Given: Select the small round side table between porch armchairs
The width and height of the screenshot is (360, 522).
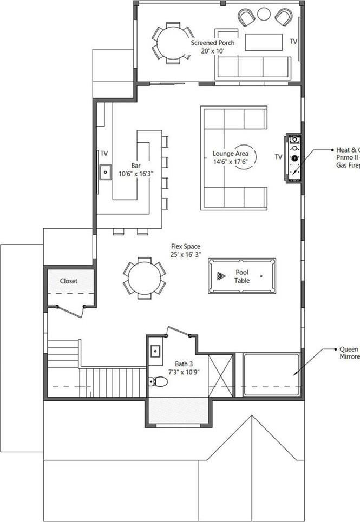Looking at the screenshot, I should (x=264, y=14).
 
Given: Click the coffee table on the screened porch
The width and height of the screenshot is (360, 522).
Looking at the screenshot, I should (x=264, y=42).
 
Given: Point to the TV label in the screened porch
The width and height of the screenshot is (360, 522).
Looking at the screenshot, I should (x=293, y=41).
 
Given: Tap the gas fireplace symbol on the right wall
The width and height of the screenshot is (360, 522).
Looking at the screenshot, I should (x=294, y=158).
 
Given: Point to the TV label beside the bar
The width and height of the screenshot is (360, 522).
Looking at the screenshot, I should (x=103, y=154).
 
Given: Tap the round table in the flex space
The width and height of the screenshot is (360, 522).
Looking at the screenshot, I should (x=144, y=277).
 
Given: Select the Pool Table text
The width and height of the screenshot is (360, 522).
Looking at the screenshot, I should (x=242, y=276).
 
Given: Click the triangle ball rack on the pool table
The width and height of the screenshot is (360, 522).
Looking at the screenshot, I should (x=220, y=276).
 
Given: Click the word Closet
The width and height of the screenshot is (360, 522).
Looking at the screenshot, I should (x=69, y=281).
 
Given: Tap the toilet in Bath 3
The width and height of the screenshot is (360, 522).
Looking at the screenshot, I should (x=159, y=381).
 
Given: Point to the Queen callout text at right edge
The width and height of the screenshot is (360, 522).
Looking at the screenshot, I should (x=349, y=353).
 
